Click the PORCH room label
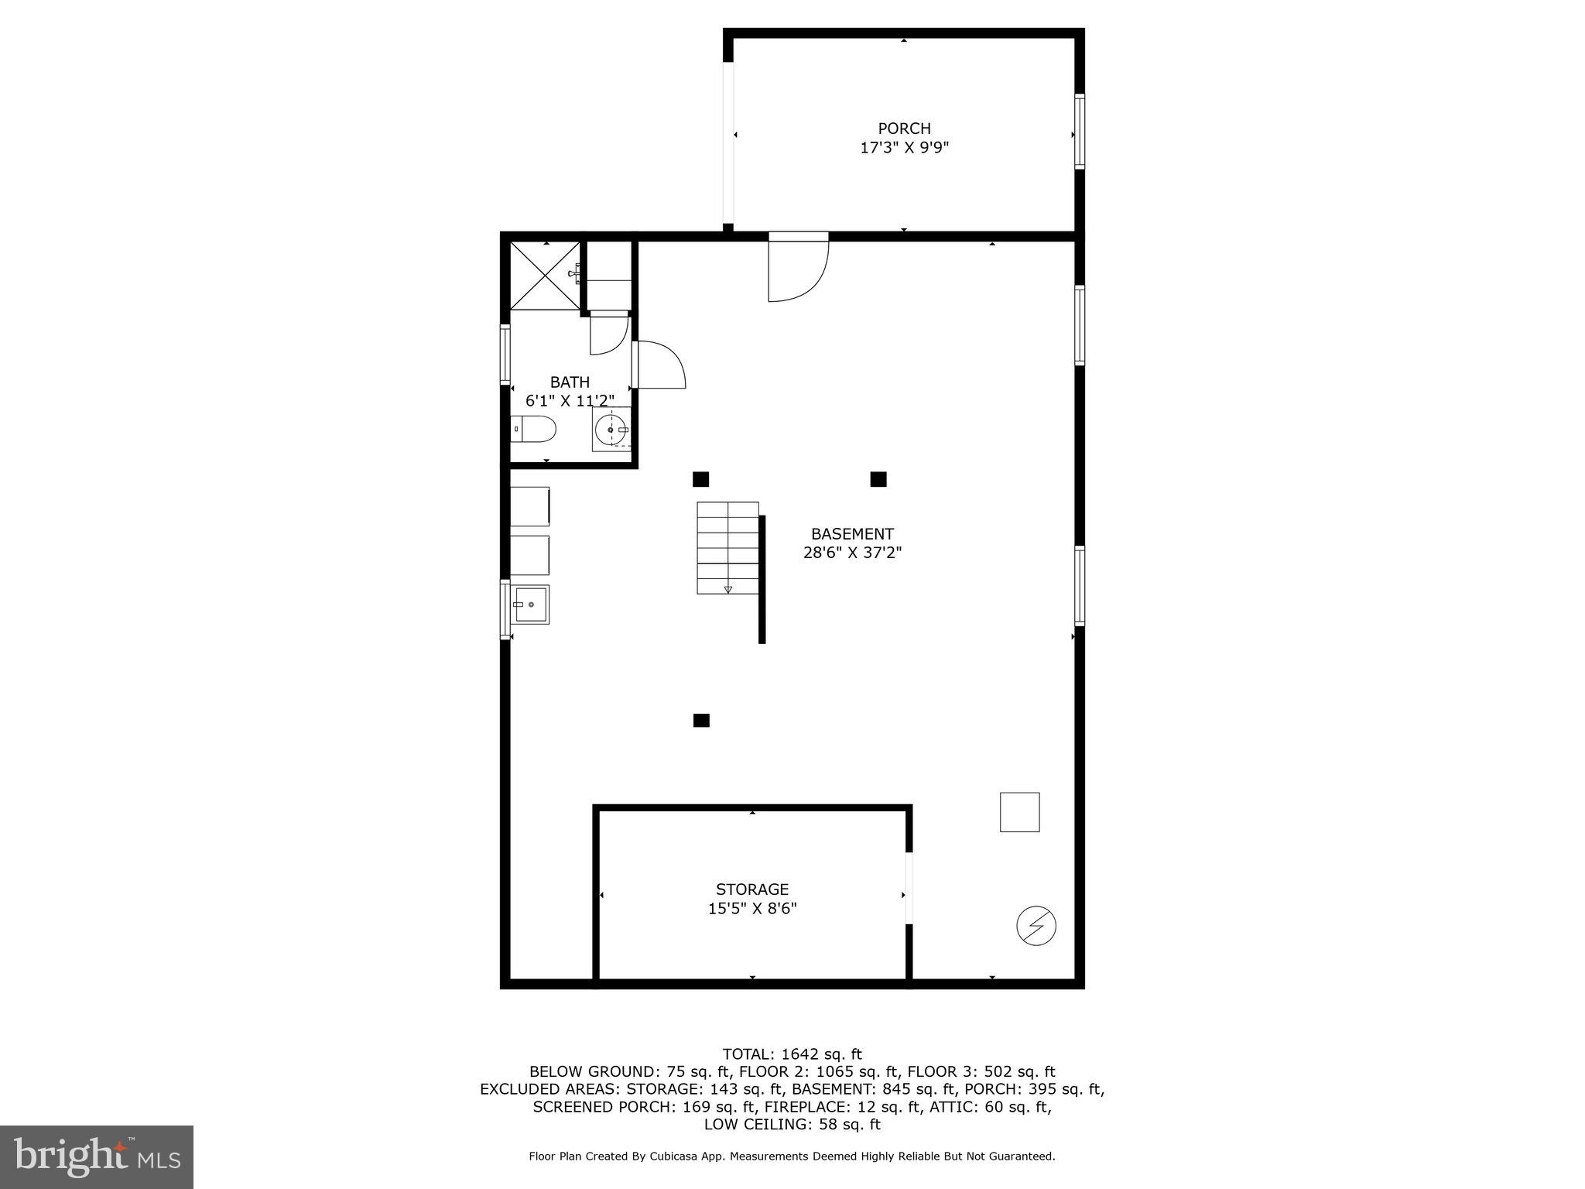tap(904, 128)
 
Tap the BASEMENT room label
tap(852, 534)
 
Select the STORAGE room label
tap(752, 889)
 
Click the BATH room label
tap(570, 382)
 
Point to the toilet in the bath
tap(534, 429)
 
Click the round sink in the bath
tap(611, 429)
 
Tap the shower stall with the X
tap(546, 276)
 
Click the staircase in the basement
tap(727, 547)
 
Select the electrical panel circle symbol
tap(1036, 926)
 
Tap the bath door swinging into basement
tap(659, 365)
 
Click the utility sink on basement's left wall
tap(530, 604)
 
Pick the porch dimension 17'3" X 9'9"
tap(904, 148)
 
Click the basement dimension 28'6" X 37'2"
tap(852, 553)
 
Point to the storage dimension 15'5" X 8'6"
tap(752, 908)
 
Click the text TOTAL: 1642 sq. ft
tap(792, 1054)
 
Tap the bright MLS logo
tap(97, 1156)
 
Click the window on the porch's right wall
tap(1080, 132)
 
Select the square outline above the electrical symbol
tap(1019, 812)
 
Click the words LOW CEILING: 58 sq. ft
tap(792, 1124)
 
